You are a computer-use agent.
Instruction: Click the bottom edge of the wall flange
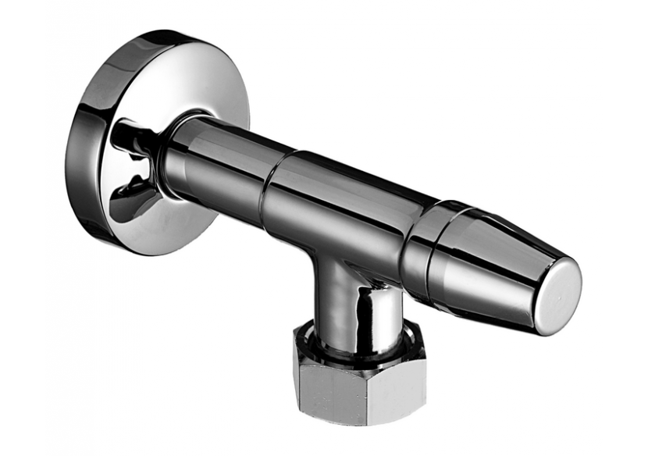pyautogui.click(x=133, y=234)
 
